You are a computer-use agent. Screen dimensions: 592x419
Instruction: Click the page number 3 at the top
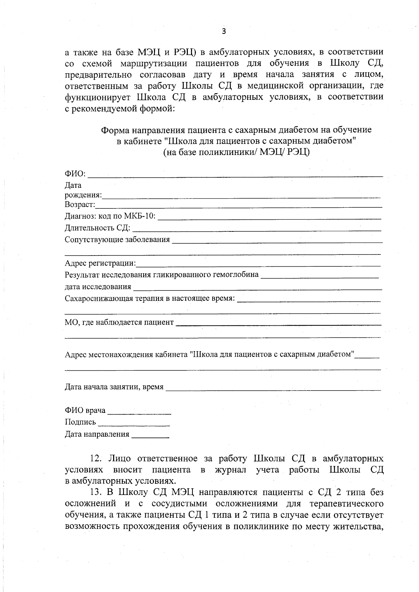click(224, 31)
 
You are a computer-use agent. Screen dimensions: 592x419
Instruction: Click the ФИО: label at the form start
click(75, 173)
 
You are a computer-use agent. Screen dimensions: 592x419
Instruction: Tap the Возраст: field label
click(80, 204)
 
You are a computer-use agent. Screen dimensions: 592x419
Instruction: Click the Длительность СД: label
click(97, 228)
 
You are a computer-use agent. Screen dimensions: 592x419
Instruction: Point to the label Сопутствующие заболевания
click(117, 240)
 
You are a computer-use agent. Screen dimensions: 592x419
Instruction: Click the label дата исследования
click(98, 287)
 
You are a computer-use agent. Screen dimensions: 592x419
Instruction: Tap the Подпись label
click(80, 422)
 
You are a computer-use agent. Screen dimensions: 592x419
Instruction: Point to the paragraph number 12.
click(95, 458)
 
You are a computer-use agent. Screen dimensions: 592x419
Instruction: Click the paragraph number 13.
click(95, 493)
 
